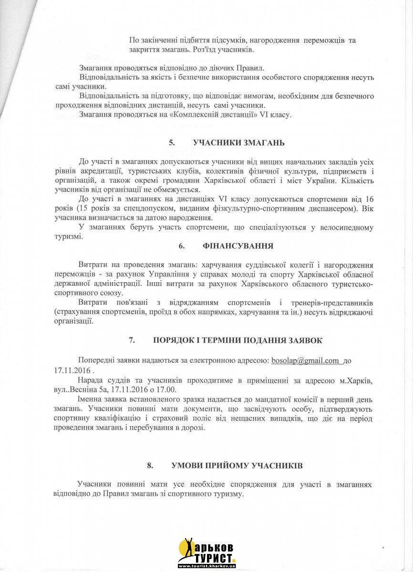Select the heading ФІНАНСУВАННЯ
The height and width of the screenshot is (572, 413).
237,246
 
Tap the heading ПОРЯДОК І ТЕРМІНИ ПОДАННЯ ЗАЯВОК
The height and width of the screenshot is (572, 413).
237,340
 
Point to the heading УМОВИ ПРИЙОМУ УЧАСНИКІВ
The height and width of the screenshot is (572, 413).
237,465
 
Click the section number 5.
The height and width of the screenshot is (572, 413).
172,143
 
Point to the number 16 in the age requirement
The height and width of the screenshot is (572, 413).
369,199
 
